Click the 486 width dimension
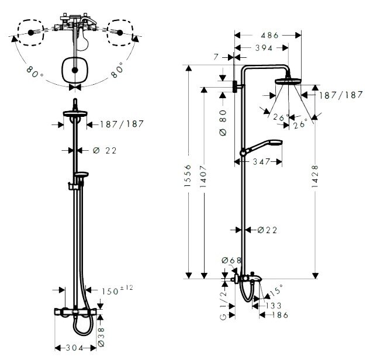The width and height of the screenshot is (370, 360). (x=269, y=36)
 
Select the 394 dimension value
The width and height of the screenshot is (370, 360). (x=264, y=48)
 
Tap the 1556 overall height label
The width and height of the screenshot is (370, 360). (x=188, y=176)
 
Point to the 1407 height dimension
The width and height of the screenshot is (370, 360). (x=203, y=176)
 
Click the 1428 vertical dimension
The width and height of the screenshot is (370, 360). (x=315, y=176)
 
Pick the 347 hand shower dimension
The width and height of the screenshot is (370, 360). (x=261, y=162)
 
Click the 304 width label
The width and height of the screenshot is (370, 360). (x=74, y=348)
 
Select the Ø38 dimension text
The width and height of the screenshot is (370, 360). (x=101, y=337)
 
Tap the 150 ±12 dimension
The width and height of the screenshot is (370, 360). (x=117, y=290)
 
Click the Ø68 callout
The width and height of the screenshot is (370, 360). (x=231, y=260)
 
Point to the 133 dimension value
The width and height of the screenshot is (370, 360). (x=274, y=306)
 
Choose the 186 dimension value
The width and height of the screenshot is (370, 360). (x=280, y=315)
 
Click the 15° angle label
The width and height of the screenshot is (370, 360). (x=276, y=290)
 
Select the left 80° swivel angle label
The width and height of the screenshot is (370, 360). (x=35, y=72)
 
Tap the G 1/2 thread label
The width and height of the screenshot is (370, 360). (x=223, y=305)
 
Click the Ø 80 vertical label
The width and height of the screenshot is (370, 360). (x=223, y=123)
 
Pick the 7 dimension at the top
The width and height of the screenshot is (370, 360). (x=216, y=57)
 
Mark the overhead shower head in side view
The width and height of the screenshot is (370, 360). (x=288, y=81)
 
